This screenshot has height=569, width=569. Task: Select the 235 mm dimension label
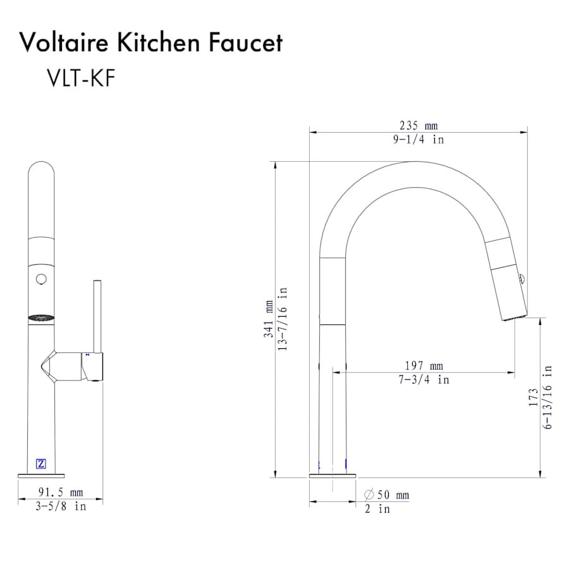[x=418, y=126]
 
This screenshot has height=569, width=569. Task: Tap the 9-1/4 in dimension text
[x=418, y=140]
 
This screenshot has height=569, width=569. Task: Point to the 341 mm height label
[x=269, y=319]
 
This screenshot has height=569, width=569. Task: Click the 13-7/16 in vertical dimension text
[x=283, y=319]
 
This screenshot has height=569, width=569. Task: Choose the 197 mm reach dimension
[x=424, y=365]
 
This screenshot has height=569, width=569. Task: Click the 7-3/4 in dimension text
[x=424, y=379]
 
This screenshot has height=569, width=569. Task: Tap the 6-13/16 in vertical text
[x=547, y=397]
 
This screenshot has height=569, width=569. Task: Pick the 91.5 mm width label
[x=61, y=492]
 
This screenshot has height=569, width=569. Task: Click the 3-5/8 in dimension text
[x=61, y=506]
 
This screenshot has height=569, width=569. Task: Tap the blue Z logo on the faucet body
[x=42, y=463]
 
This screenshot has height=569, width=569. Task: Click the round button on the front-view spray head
[x=42, y=278]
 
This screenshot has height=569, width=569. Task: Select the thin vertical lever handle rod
[x=98, y=316]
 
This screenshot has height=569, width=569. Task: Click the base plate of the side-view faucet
[x=333, y=474]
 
